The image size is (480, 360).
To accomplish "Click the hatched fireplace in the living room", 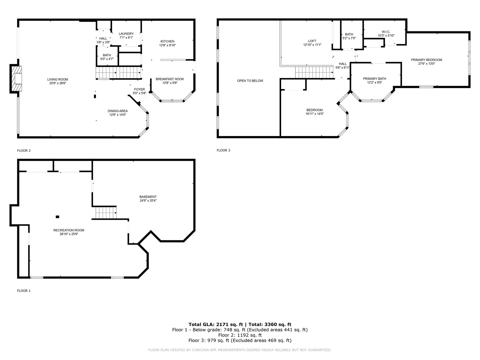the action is tap(17, 78).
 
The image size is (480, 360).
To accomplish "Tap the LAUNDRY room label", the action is tap(126, 34).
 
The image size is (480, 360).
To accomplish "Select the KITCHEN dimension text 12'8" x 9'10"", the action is tap(168, 45).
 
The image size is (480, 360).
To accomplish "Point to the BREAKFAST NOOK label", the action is tap(170, 79).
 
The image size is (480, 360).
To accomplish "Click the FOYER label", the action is tap(140, 89).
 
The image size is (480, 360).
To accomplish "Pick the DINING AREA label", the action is tap(118, 111).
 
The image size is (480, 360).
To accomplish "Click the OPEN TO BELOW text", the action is tap(250, 81).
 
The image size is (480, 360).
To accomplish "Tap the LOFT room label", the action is tap(312, 41).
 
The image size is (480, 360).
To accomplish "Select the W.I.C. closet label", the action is tap(386, 32).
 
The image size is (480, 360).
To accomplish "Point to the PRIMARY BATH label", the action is tap(375, 78).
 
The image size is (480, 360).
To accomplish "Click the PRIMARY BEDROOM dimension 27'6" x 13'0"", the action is tap(426, 64).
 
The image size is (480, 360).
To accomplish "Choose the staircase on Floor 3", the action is tap(314, 72).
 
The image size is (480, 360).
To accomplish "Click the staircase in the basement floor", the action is tap(106, 213).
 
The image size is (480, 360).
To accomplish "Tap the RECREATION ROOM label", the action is tap(69, 230).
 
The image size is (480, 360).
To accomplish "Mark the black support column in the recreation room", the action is tap(58, 217).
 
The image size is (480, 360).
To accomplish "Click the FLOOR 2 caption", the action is tap(24, 150).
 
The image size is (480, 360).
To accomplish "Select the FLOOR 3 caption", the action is tap(223, 150).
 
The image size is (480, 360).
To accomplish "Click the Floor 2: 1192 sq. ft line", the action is tap(240, 335).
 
